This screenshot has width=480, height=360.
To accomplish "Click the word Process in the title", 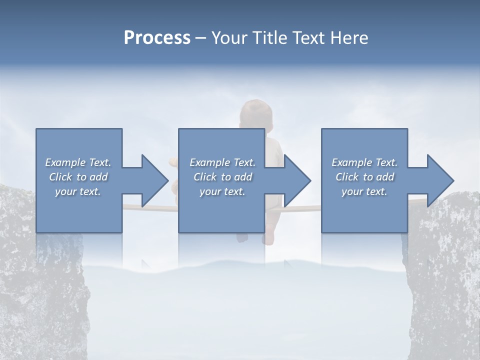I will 157,38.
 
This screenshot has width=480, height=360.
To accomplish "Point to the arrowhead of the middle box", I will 297,180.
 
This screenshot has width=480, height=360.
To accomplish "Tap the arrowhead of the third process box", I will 440,180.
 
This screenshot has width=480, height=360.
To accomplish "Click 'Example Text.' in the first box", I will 78,162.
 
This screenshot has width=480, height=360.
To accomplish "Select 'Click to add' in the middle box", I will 222,177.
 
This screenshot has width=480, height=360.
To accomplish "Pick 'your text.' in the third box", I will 364,191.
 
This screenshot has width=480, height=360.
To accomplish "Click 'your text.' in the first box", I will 78,191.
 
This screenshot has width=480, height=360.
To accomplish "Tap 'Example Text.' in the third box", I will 364,162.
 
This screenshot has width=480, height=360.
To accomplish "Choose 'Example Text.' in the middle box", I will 222,162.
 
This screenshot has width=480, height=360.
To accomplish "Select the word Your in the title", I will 231,38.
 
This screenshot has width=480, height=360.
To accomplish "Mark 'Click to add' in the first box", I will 78,177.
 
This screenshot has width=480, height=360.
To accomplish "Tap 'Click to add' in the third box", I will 364,177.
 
